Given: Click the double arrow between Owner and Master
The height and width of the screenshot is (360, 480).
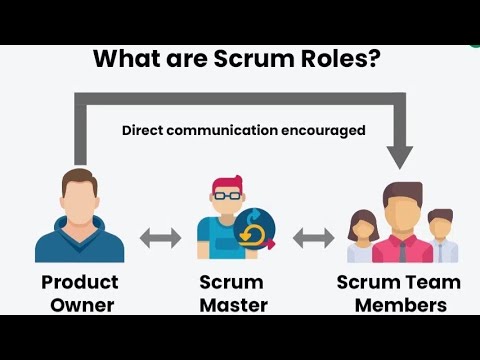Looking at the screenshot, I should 160,238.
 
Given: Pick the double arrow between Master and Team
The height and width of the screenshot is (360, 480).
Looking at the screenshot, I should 314,238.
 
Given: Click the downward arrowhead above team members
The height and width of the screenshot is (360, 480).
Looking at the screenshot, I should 401,156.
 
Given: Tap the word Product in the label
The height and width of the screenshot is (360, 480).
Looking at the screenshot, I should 80,282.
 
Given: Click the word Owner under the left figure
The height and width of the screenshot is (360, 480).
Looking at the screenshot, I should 80,305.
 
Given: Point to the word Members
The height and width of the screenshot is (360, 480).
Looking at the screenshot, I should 399,305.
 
